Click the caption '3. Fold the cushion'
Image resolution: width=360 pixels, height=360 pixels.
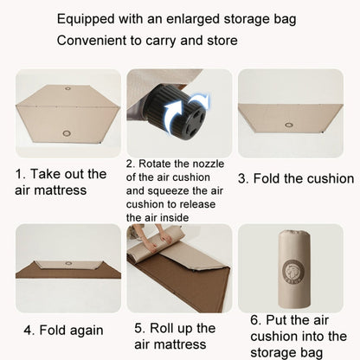(x=295, y=178)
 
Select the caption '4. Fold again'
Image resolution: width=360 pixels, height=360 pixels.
(x=62, y=330)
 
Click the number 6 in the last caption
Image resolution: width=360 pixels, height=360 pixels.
(x=255, y=319)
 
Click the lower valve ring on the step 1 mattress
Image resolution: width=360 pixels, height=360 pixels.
(x=67, y=132)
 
